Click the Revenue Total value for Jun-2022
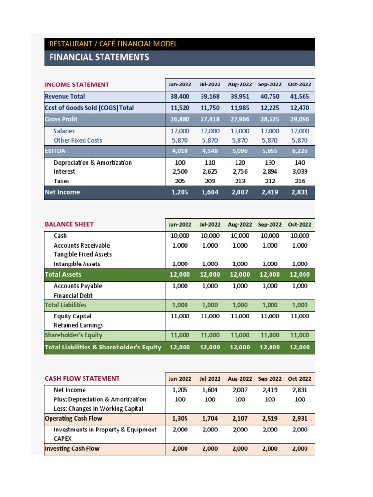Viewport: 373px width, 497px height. point(180,97)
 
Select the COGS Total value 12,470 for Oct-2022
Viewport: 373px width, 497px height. point(300,108)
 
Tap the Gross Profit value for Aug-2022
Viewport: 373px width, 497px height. point(240,119)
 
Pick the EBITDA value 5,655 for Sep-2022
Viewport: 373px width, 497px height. point(270,151)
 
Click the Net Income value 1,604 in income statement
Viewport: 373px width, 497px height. point(210,192)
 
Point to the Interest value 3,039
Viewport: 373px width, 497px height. point(300,172)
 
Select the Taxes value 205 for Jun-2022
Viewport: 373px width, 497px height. point(180,181)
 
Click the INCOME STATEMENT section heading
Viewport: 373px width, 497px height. point(77,84)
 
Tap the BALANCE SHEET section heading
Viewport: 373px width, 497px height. point(69,224)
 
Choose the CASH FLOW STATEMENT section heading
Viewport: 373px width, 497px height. point(82,379)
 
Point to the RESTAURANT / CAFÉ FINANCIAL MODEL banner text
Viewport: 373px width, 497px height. point(113,44)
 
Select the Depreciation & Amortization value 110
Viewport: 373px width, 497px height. point(210,163)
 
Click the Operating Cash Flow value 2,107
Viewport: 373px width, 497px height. point(240,419)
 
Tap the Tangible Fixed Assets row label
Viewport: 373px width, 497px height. point(83,254)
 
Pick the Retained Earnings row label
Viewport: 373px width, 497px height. point(78,325)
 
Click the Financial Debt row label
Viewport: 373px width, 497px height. point(73,295)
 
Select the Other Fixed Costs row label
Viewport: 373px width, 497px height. point(78,140)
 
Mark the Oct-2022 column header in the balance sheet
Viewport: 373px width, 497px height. point(300,225)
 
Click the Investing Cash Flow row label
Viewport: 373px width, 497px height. point(72,449)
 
